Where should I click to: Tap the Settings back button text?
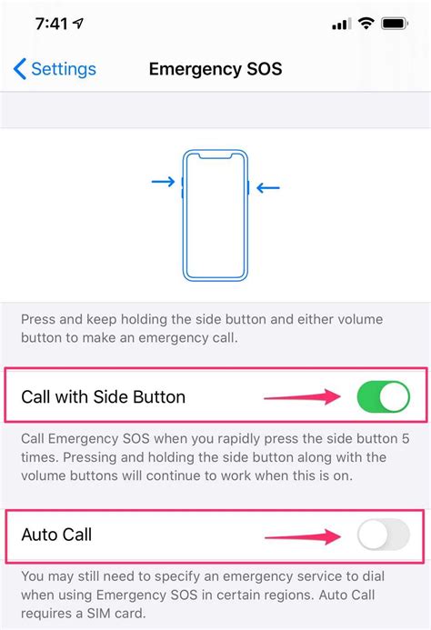[x=64, y=69]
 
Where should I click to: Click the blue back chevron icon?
[x=19, y=69]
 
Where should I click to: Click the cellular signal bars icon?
[x=341, y=25]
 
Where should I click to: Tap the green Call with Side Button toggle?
[x=383, y=396]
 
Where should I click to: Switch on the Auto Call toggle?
[x=383, y=535]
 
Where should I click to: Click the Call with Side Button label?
[x=103, y=396]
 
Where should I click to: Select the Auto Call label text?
[x=56, y=535]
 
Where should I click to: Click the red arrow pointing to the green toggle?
[x=300, y=396]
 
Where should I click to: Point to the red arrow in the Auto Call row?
[x=300, y=536]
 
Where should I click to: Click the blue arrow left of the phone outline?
[x=163, y=183]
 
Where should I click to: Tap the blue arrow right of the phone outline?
[x=268, y=188]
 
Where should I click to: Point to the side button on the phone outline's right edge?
[x=248, y=187]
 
